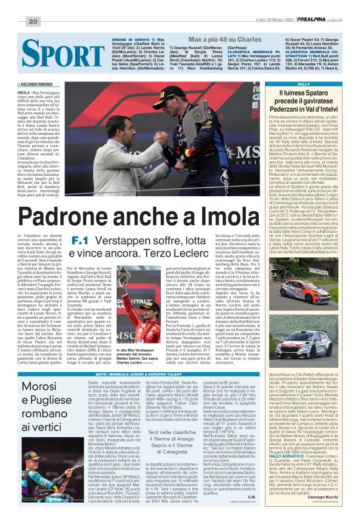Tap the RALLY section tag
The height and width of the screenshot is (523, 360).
pyautogui.click(x=287, y=83)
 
